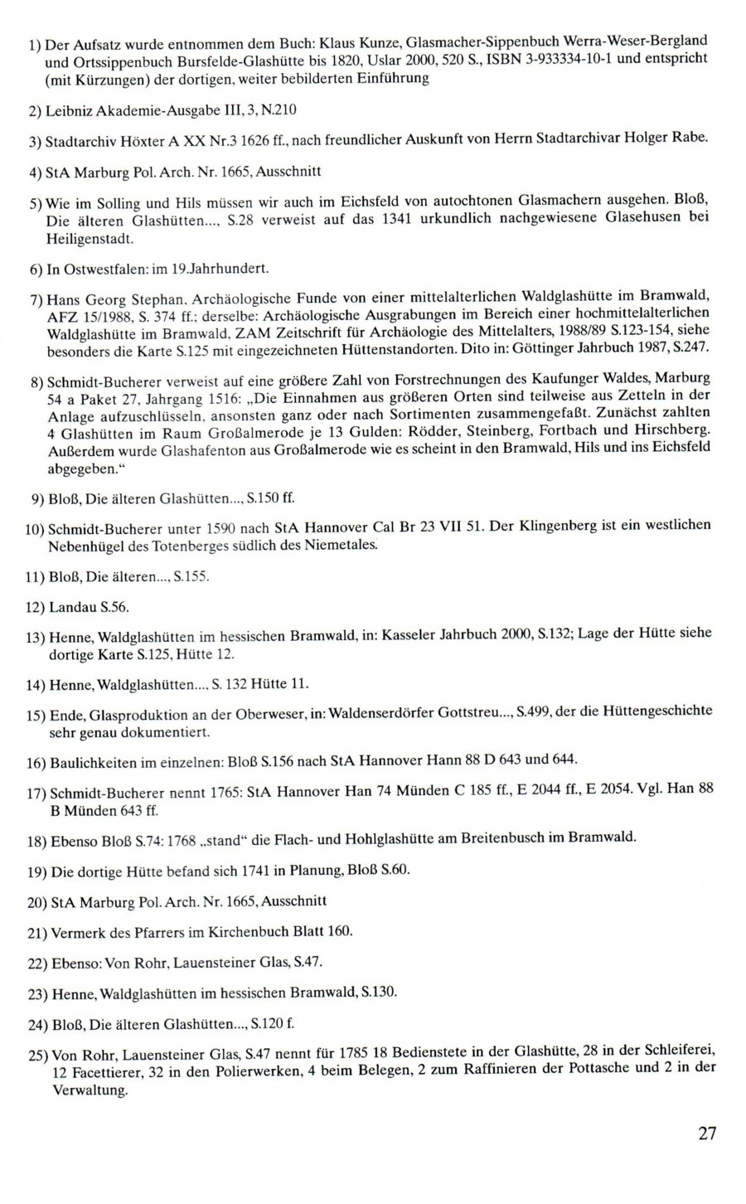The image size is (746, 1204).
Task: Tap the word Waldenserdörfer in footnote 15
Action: tap(393, 713)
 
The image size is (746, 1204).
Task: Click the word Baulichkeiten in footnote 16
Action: tap(90, 760)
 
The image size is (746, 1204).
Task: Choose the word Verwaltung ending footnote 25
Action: tap(83, 1090)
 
